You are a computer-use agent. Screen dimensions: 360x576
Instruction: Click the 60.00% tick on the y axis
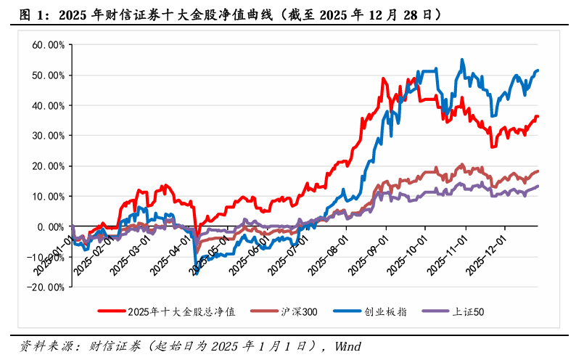point(49,44)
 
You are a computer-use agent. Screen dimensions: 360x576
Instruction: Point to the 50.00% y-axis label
point(49,75)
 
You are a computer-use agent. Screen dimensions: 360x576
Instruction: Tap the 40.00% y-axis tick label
point(49,105)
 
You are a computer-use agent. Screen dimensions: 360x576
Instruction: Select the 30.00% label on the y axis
point(49,136)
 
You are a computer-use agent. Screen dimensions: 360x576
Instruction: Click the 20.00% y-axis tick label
point(49,165)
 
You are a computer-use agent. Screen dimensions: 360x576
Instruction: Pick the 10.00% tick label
point(49,196)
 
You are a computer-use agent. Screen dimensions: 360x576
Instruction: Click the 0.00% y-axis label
point(51,226)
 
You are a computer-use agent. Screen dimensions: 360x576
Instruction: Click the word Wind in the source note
point(347,344)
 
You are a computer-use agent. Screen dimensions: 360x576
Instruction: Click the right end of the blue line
point(538,70)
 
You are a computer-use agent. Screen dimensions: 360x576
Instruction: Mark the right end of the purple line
point(538,187)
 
